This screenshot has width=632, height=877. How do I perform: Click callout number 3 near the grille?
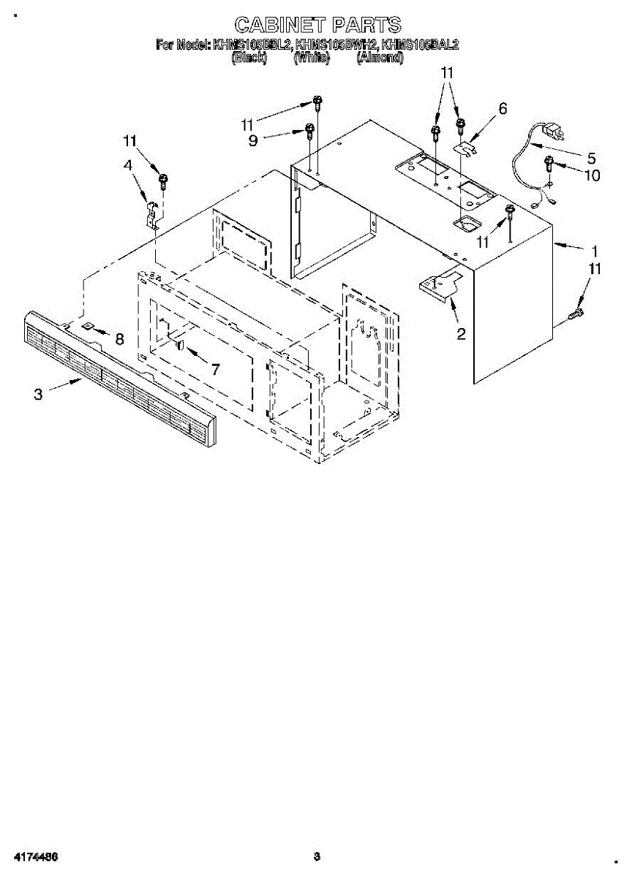(38, 394)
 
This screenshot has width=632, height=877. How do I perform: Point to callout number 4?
(129, 166)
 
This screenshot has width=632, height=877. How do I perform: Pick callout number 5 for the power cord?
(591, 157)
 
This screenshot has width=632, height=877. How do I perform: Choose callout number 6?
(502, 109)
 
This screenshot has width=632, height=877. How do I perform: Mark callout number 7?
(214, 369)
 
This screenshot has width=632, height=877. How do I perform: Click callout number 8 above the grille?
(119, 339)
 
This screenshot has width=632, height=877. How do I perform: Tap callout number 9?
(253, 140)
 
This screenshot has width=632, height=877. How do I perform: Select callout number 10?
(590, 175)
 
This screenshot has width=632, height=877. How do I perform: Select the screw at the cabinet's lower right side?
(576, 314)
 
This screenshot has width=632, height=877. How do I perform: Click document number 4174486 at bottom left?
(35, 857)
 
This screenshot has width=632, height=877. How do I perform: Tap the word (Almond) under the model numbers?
(379, 58)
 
